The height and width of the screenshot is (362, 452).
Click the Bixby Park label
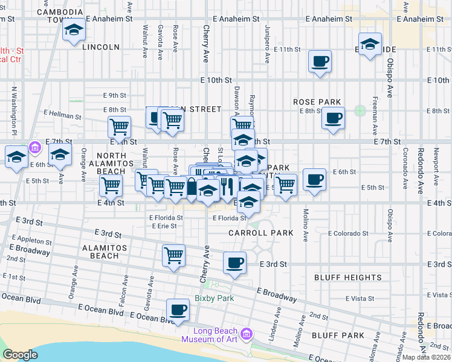[214, 298]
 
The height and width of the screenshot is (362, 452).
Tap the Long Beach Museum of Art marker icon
[246, 334]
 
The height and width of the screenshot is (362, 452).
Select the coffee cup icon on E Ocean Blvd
[177, 310]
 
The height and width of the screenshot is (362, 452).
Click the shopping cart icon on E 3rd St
[173, 255]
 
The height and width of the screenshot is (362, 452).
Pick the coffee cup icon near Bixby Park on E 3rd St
[234, 262]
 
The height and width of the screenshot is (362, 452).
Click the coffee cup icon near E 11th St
[320, 61]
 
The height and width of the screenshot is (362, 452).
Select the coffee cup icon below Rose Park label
[333, 118]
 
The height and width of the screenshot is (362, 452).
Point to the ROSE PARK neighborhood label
[317, 103]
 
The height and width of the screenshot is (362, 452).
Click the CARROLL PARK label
[260, 233]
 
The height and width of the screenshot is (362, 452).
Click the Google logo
[20, 355]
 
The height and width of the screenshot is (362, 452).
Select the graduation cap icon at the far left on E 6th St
[16, 157]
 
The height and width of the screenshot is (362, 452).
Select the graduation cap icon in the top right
[370, 44]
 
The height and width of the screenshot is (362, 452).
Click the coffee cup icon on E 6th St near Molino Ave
[314, 180]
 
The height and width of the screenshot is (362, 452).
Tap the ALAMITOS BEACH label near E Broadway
[96, 252]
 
